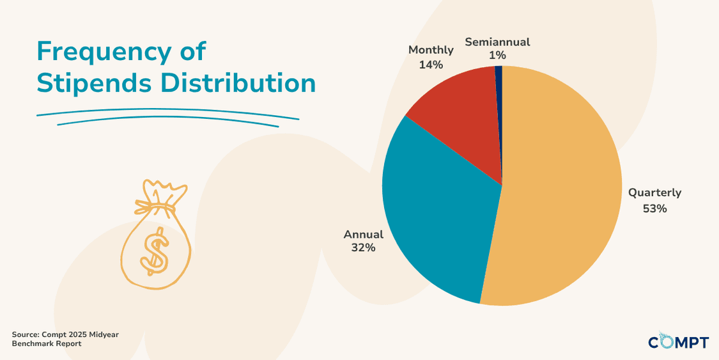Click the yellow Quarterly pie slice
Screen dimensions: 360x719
point(562,192)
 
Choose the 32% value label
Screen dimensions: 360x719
point(362,247)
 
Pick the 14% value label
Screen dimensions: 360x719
point(431,65)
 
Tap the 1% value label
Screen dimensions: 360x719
point(497,56)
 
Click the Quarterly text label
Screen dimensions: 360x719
point(654,192)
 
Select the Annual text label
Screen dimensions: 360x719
point(364,234)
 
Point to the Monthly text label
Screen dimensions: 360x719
point(431,50)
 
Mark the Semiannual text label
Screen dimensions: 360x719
point(497,42)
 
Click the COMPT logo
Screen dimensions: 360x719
point(678,341)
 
